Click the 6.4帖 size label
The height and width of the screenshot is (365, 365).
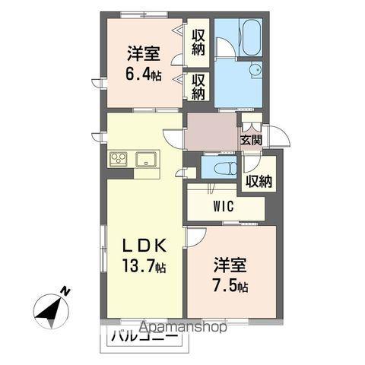pyautogui.click(x=144, y=75)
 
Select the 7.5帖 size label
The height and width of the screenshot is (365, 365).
pyautogui.click(x=230, y=287)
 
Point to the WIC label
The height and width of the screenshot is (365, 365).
pyautogui.click(x=223, y=205)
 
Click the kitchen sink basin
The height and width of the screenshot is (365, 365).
pyautogui.click(x=147, y=159)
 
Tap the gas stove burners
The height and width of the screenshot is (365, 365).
pyautogui.click(x=119, y=159)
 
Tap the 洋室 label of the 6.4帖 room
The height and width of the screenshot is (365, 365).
pyautogui.click(x=142, y=54)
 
